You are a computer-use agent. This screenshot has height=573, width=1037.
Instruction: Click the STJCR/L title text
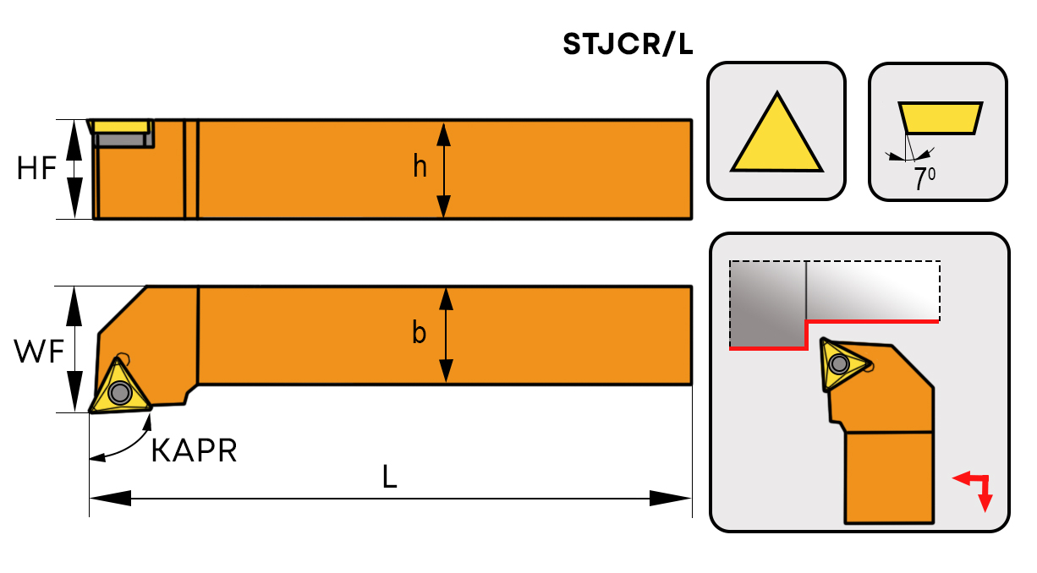(x=628, y=45)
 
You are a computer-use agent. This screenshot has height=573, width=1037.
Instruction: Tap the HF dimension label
(x=36, y=169)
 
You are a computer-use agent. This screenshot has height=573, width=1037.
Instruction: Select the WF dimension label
(x=39, y=351)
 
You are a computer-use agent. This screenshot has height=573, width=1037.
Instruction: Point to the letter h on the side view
(x=420, y=167)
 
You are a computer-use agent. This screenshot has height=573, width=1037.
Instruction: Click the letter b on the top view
(x=419, y=334)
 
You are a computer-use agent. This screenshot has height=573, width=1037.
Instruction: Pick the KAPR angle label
(x=194, y=451)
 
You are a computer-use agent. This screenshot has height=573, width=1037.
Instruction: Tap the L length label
(x=389, y=478)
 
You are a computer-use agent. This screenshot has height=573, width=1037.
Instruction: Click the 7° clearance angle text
(x=924, y=178)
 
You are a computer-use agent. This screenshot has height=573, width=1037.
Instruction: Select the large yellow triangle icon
(x=776, y=135)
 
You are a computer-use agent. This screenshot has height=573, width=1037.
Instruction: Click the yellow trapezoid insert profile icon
(x=941, y=117)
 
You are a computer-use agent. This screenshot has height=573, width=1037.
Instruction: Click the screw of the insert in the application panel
(x=838, y=364)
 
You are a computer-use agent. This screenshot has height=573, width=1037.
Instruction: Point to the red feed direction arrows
(x=975, y=489)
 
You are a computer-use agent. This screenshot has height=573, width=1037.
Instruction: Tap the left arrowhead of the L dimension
(x=110, y=499)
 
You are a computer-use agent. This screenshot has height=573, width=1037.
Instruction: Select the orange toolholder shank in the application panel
(x=888, y=477)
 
